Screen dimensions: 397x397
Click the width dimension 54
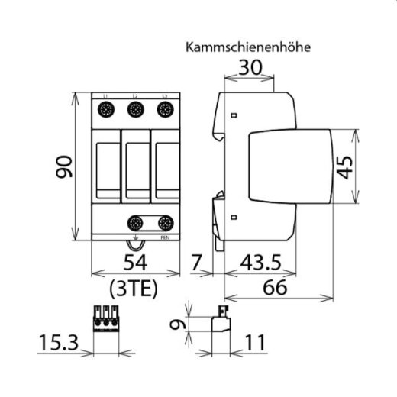pyautogui.click(x=134, y=265)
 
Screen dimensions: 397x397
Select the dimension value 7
pyautogui.click(x=197, y=265)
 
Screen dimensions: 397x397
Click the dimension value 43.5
pyautogui.click(x=257, y=265)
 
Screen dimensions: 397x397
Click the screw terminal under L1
pyautogui.click(x=106, y=110)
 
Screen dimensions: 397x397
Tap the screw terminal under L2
pyautogui.click(x=135, y=110)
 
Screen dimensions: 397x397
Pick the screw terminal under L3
pyautogui.click(x=164, y=110)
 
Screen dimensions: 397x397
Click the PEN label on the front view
pyautogui.click(x=165, y=239)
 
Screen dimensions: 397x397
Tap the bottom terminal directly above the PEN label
pyautogui.click(x=164, y=224)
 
